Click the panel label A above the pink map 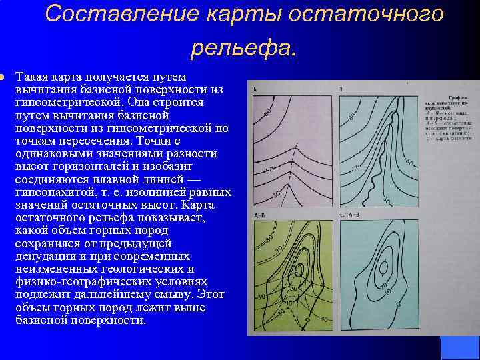pyautogui.click(x=255, y=89)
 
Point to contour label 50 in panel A pyautogui.click(x=269, y=171)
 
